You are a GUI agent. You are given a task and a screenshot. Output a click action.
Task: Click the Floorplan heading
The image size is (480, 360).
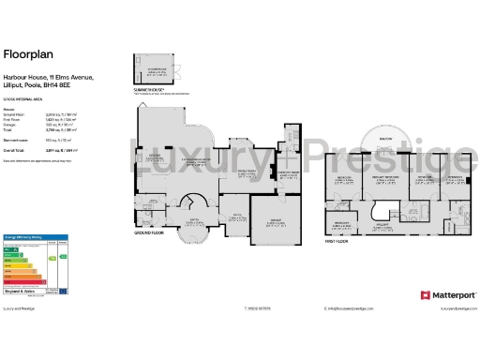23,53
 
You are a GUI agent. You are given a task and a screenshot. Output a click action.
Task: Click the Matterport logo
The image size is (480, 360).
445,294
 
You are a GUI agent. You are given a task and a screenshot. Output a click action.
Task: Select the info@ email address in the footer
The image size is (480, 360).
352,307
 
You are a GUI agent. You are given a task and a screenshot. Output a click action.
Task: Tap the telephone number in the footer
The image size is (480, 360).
258,307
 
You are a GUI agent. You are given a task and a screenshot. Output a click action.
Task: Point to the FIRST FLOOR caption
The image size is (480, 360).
339,240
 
